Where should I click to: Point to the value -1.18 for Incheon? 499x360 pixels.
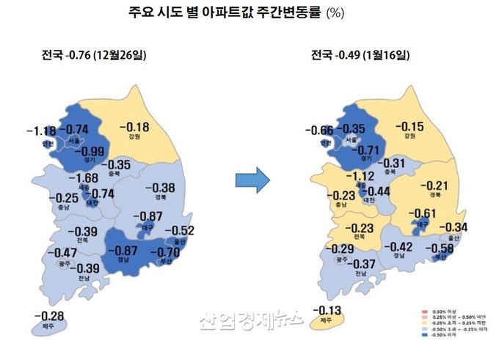click(40, 131)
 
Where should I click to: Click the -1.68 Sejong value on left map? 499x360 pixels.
click(83, 178)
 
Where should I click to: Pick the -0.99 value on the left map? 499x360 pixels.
click(88, 152)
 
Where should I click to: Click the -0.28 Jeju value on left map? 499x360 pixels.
click(48, 316)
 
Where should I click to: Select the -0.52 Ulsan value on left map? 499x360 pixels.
click(178, 230)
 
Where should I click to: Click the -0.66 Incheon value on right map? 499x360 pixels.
click(320, 131)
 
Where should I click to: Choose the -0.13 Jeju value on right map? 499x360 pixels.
click(327, 309)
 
